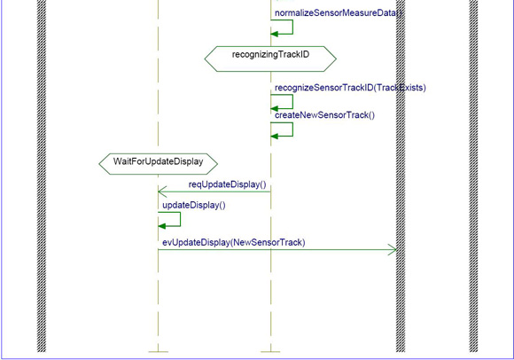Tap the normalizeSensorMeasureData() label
338,13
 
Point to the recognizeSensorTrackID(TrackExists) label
350,88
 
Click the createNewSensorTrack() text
324,115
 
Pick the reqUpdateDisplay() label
227,184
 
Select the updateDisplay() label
194,205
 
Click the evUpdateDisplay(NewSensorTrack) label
234,242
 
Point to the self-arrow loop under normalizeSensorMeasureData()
292,27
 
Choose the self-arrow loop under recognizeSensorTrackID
292,102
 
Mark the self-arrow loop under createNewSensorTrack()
292,129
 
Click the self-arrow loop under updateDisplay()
180,219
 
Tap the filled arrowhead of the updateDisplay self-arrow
162,226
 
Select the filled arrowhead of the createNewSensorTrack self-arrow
275,136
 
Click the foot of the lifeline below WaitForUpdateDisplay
159,352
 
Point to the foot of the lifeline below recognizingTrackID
270,352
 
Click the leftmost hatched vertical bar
42,176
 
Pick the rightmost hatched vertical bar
473,176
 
